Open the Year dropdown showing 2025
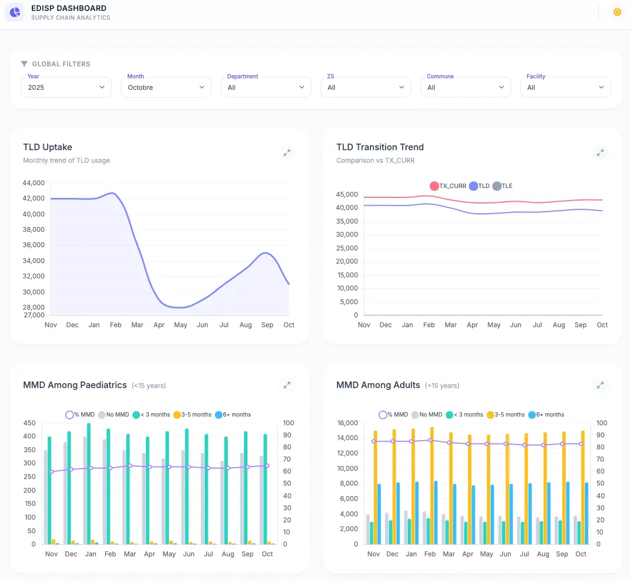click(66, 87)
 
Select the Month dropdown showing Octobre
click(166, 87)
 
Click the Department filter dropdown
click(266, 87)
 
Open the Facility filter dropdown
click(565, 87)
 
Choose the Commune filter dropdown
click(465, 87)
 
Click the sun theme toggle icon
click(617, 12)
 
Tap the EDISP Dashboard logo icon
click(15, 12)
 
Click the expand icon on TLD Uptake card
click(286, 153)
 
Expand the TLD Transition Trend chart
click(600, 153)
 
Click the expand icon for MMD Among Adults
click(600, 385)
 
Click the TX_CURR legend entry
click(448, 186)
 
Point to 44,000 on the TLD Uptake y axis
click(34, 183)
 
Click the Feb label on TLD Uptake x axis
click(116, 325)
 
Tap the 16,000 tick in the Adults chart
click(347, 423)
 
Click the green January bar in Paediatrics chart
click(89, 483)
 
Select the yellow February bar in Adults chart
click(432, 485)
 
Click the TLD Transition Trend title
click(380, 147)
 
